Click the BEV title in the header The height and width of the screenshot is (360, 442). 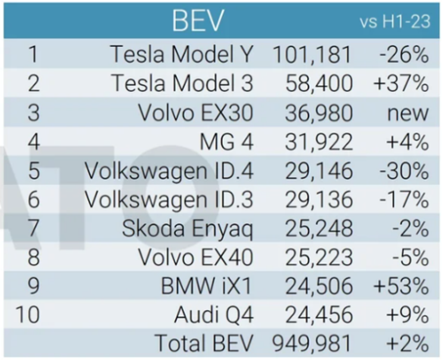(198, 20)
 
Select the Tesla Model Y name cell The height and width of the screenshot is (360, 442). (182, 54)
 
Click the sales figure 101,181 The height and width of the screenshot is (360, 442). (312, 54)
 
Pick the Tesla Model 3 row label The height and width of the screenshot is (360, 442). (183, 84)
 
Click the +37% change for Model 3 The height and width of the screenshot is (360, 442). (401, 84)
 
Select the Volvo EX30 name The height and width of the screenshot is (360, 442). (196, 113)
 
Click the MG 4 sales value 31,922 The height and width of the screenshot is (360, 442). (319, 142)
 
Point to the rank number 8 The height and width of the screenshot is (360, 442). (34, 258)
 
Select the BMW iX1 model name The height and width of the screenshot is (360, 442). (207, 286)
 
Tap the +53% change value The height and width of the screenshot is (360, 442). (401, 286)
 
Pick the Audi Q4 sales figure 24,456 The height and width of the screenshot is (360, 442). (319, 315)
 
